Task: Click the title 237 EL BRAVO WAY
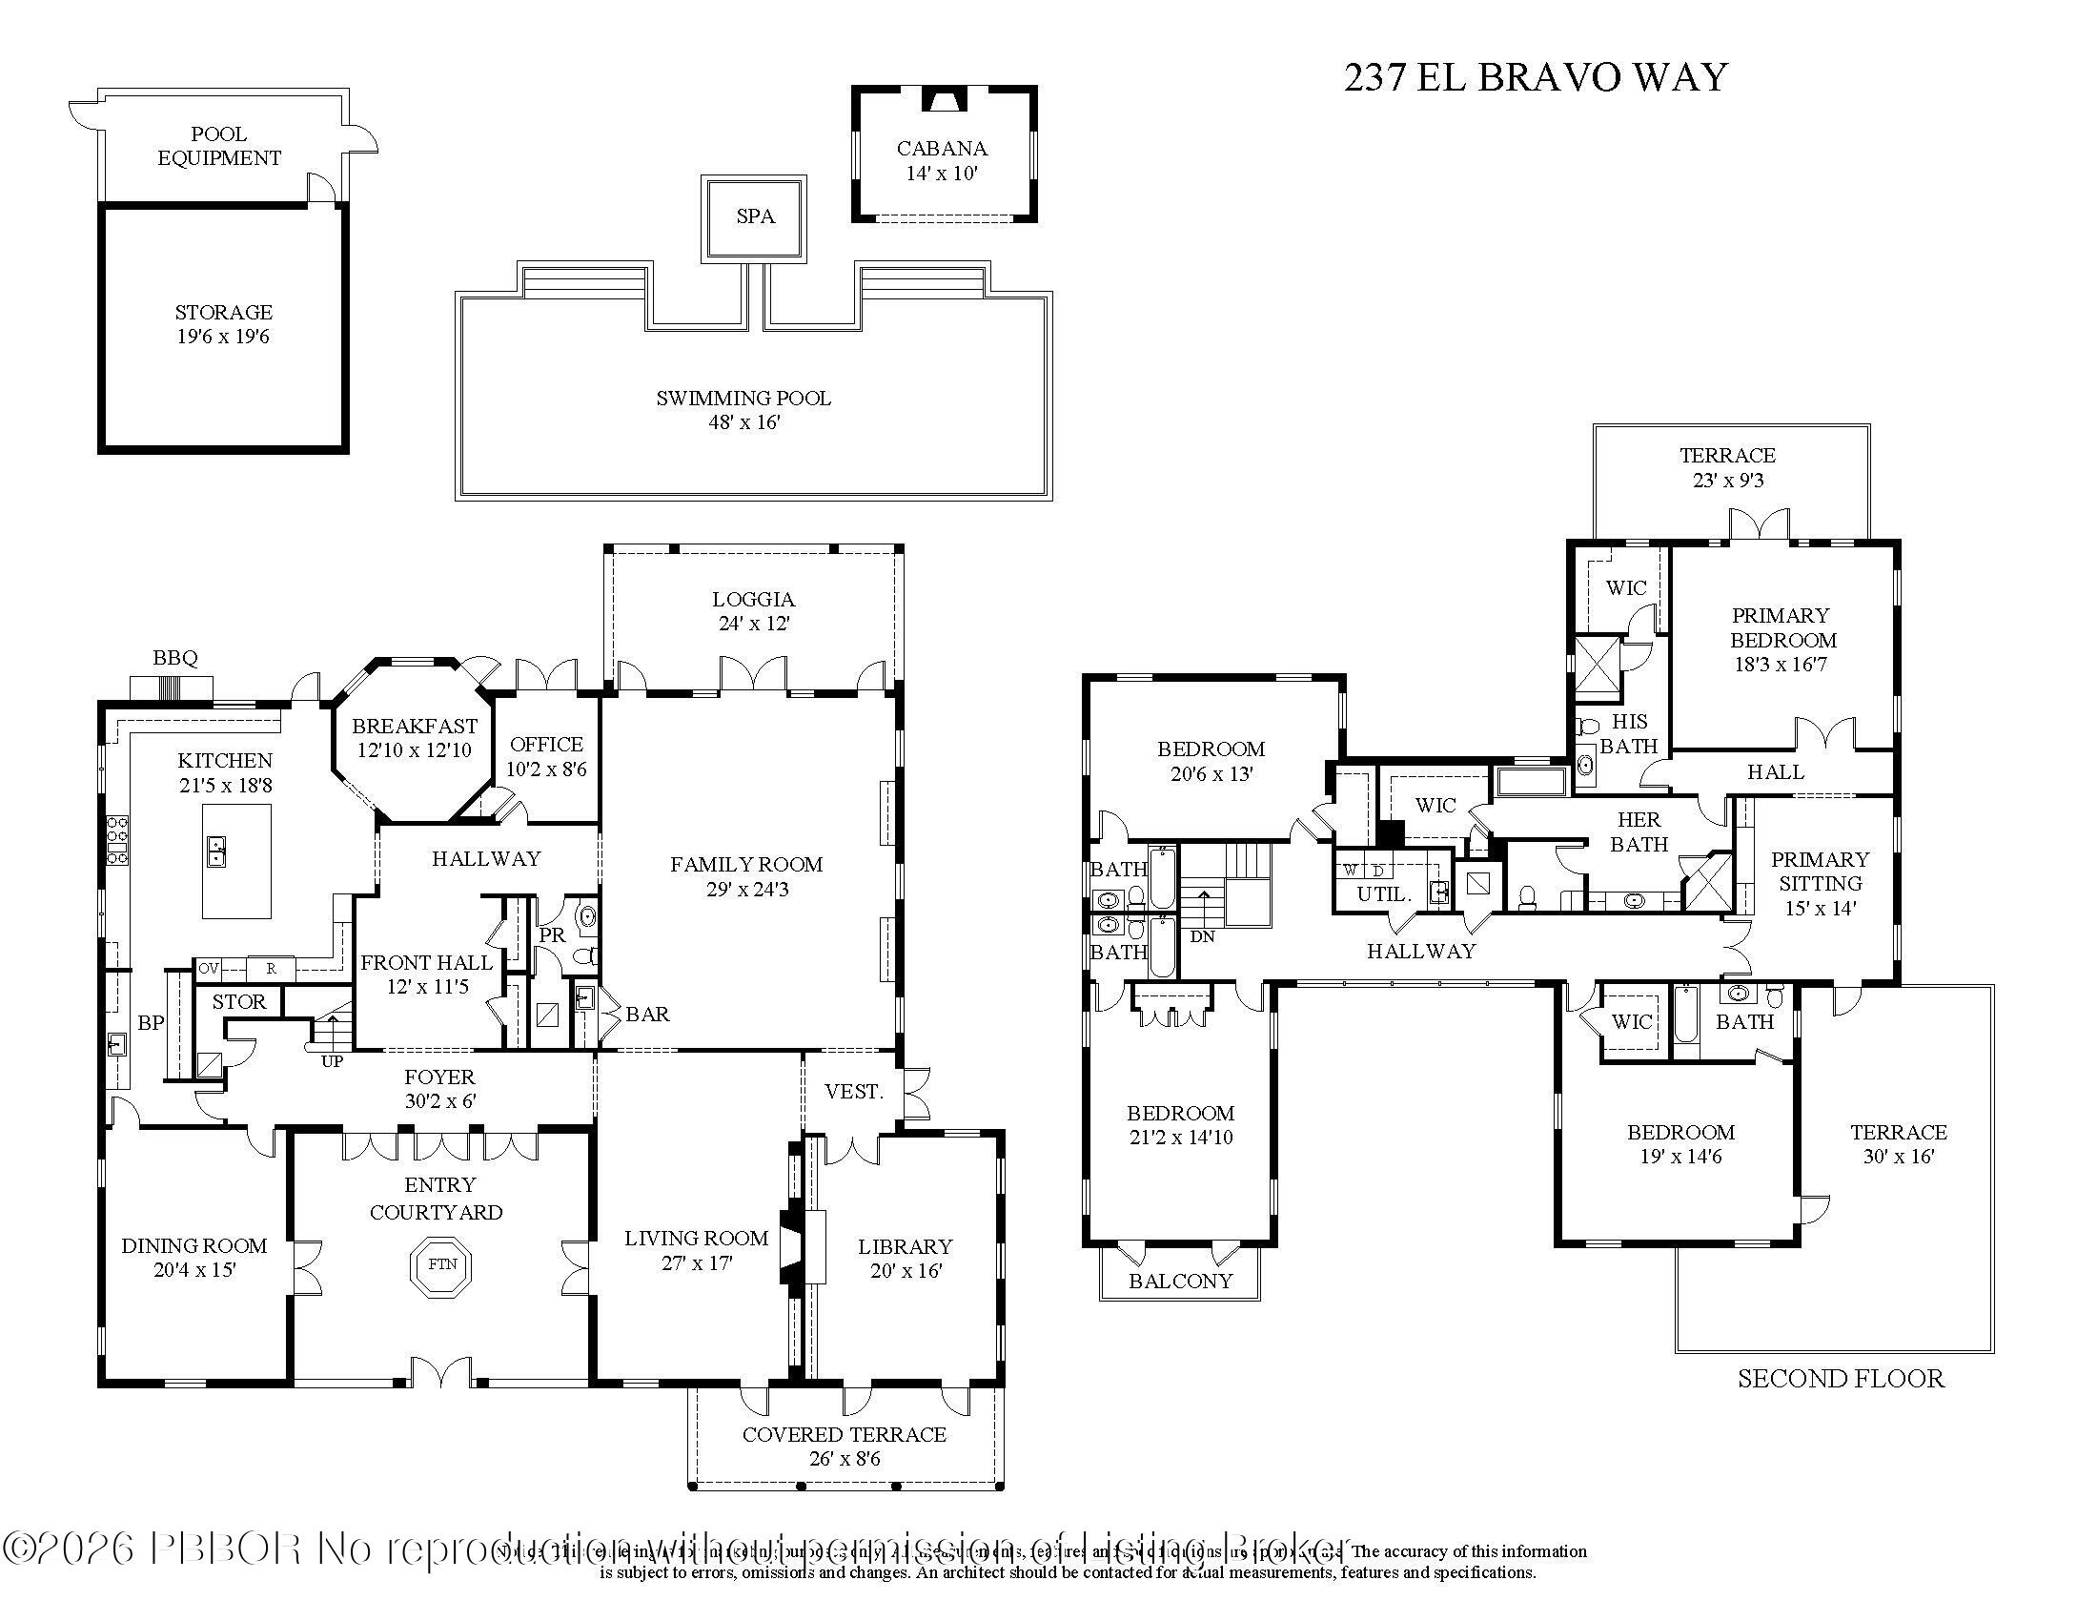click(x=1535, y=77)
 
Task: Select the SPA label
click(x=755, y=217)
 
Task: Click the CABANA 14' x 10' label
click(x=941, y=160)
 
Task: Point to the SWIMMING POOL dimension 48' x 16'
click(x=743, y=422)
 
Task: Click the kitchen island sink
click(x=217, y=851)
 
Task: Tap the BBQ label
click(x=174, y=658)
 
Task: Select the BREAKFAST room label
click(x=414, y=727)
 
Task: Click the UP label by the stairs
click(x=332, y=1062)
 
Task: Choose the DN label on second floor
click(x=1202, y=936)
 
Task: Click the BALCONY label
click(x=1180, y=1281)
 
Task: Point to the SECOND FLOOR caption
click(x=1840, y=1379)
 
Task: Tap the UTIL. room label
click(x=1384, y=894)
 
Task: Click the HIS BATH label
click(x=1628, y=733)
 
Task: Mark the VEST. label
click(x=854, y=1092)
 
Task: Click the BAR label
click(x=647, y=1015)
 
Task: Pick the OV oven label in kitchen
click(x=209, y=969)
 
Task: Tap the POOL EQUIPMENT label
click(x=219, y=146)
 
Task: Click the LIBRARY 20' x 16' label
click(x=905, y=1258)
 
